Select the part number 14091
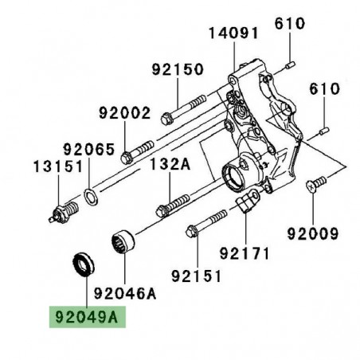coord(235,35)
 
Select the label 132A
coord(170,166)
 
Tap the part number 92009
coord(313,235)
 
